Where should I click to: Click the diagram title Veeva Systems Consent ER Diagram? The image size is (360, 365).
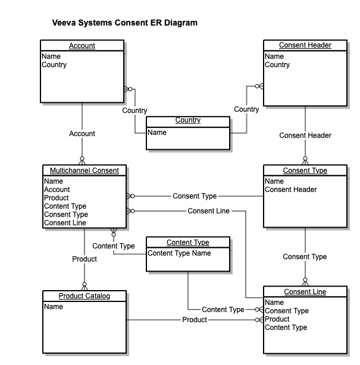[x=125, y=23]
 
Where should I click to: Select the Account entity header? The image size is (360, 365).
[x=82, y=46]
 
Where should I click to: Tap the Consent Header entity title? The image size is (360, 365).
[x=305, y=45]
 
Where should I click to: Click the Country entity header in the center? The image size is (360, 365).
[x=187, y=121]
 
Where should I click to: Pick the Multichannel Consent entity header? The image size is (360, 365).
[x=84, y=171]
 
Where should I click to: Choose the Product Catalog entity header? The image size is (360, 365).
[x=84, y=296]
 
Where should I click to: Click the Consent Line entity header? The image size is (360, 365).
[x=305, y=292]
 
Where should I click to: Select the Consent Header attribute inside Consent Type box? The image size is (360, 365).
[x=290, y=190]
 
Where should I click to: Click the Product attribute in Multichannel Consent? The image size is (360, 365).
[x=57, y=198]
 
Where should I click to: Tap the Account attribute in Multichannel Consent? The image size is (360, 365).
[x=57, y=190]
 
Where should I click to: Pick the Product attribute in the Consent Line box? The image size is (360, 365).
[x=277, y=319]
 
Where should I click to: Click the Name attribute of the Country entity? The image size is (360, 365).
[x=157, y=133]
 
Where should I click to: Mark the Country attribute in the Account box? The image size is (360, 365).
[x=54, y=65]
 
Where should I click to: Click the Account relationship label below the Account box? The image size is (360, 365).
[x=82, y=134]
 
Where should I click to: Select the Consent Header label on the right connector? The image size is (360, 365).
[x=305, y=136]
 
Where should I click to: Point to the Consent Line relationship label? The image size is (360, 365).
[x=208, y=211]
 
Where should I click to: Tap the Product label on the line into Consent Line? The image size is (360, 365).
[x=195, y=320]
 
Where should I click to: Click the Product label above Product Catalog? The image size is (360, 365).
[x=84, y=259]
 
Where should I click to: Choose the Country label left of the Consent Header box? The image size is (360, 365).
[x=246, y=109]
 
